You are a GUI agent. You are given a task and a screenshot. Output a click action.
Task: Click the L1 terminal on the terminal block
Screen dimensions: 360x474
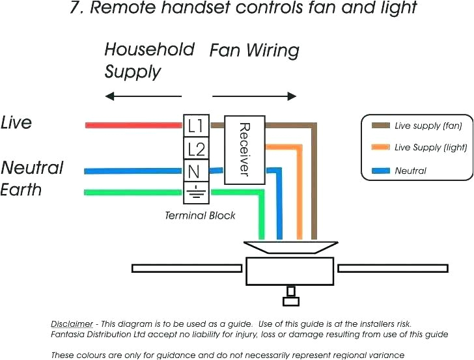[195, 126]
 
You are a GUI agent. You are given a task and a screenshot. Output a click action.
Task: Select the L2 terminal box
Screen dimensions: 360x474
[195, 149]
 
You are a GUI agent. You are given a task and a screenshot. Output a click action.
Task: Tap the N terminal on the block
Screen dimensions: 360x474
[195, 172]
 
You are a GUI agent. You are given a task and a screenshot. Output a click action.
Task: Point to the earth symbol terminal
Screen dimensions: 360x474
[195, 192]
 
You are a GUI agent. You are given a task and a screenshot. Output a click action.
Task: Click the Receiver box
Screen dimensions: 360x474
[244, 150]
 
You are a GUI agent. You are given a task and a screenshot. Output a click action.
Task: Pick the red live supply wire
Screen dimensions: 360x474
[133, 124]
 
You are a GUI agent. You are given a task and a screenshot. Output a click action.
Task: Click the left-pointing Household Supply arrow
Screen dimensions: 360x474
[143, 96]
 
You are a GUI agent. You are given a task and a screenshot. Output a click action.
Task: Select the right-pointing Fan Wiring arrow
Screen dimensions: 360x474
[255, 96]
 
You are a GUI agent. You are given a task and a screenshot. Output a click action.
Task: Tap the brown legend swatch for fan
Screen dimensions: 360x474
[380, 126]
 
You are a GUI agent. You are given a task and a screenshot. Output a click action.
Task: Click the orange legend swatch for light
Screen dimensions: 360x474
[380, 148]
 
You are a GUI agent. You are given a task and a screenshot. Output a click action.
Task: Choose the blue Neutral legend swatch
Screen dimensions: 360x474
[380, 171]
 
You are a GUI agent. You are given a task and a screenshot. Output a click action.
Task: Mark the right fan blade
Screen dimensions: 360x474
[393, 268]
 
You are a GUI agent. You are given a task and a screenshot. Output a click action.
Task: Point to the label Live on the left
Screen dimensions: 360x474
[16, 122]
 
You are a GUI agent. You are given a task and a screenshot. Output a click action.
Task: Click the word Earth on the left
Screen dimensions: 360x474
[21, 190]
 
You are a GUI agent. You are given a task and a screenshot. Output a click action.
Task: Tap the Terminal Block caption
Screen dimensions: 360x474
[200, 215]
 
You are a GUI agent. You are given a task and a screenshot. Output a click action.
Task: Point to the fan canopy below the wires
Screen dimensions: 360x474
[290, 248]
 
